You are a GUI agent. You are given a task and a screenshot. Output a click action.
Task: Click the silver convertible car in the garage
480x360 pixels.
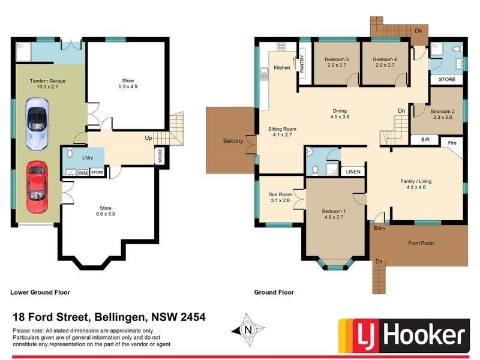tap(37, 123)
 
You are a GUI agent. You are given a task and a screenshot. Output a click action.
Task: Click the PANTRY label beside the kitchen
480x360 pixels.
tap(302, 64)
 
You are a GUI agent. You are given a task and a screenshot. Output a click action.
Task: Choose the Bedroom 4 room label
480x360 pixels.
tap(384, 59)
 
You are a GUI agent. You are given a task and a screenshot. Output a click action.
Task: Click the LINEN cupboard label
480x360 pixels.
tap(353, 172)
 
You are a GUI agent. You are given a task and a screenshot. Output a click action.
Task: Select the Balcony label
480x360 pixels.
tap(233, 141)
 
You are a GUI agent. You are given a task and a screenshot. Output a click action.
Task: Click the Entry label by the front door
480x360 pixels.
tap(380, 228)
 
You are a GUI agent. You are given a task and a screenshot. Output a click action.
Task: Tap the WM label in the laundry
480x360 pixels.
tap(82, 173)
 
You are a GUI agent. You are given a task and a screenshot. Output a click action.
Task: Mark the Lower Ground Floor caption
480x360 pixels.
tap(40, 293)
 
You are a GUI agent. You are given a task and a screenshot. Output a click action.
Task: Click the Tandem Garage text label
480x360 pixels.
tap(48, 80)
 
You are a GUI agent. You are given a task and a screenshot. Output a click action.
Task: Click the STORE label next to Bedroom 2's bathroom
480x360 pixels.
tap(446, 79)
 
